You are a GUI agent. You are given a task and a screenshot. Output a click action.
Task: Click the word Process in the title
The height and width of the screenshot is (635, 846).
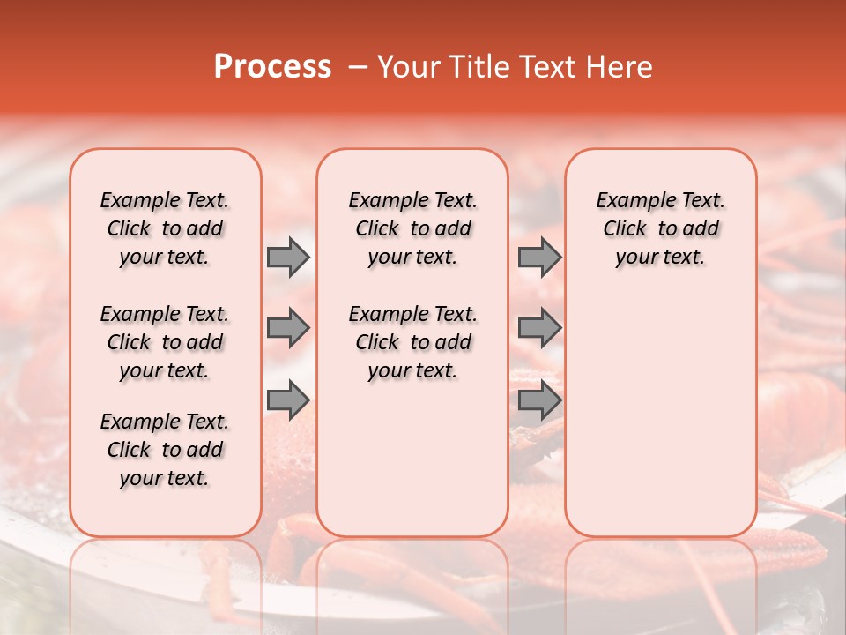coord(272,67)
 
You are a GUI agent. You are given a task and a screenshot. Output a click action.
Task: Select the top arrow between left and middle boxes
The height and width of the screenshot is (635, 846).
coord(288,257)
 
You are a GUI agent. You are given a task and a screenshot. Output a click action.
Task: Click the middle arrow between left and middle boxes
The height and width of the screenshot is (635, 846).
coord(288,328)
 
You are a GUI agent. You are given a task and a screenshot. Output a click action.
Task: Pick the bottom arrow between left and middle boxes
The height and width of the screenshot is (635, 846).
coord(288,400)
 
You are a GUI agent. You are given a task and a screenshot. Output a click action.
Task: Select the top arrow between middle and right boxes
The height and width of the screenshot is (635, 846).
coord(539,257)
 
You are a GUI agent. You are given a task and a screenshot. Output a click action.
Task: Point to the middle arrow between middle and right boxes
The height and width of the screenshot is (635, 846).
coord(539,328)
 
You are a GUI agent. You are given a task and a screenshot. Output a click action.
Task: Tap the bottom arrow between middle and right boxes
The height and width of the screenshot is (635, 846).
coord(539,400)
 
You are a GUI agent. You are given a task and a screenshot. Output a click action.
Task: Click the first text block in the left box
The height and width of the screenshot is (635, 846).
coord(165,228)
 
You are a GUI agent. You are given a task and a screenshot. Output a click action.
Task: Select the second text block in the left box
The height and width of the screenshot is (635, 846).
coord(165,342)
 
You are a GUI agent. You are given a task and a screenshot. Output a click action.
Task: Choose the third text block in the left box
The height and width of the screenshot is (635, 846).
coord(165,450)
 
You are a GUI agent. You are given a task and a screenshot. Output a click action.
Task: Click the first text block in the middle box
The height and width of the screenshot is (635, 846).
coord(412,228)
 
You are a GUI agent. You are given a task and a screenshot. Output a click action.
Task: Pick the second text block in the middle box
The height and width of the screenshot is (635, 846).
coord(412,342)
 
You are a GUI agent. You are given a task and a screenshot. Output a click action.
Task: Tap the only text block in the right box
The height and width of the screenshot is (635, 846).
coord(660,228)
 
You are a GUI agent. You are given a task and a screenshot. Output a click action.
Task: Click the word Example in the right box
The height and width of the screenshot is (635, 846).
coord(633,201)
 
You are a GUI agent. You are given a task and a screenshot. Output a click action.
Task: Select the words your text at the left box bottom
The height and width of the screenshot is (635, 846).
coord(165,478)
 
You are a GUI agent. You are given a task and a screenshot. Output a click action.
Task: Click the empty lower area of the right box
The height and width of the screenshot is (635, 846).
coord(660,406)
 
